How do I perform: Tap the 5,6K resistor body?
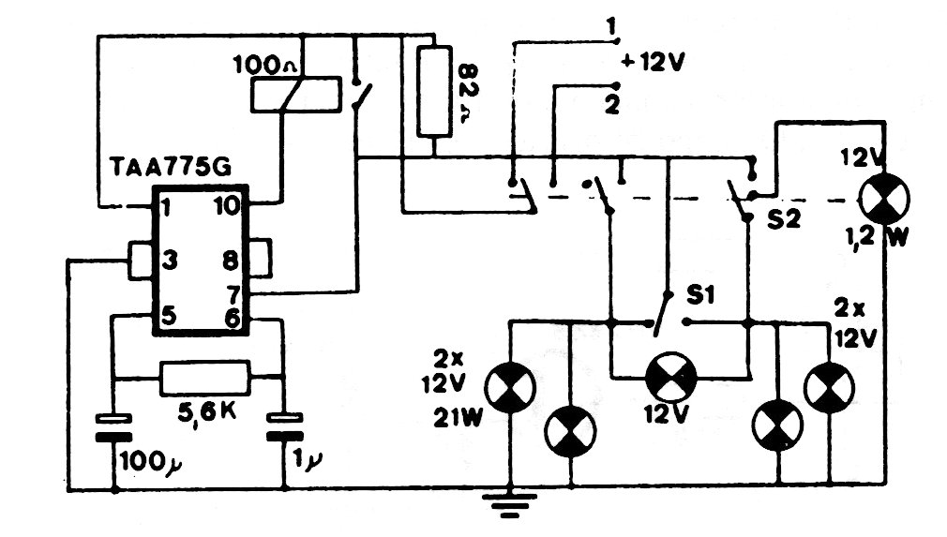click(206, 378)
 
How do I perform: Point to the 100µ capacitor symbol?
click(113, 428)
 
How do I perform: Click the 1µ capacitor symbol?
click(282, 428)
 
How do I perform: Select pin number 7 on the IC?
click(233, 292)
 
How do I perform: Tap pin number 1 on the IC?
click(166, 205)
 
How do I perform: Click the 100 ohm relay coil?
click(293, 95)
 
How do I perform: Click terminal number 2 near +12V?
click(611, 105)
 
